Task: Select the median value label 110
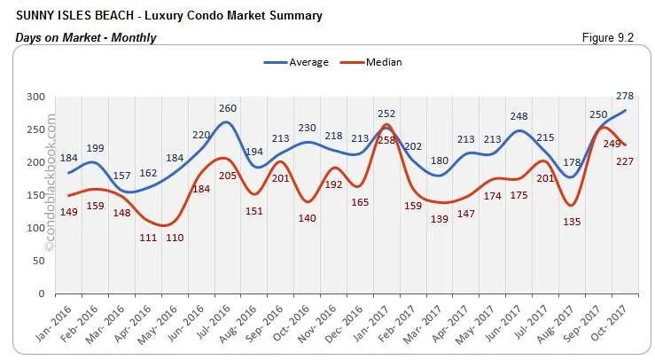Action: (175, 239)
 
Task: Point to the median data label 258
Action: (388, 140)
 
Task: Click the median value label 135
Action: (573, 222)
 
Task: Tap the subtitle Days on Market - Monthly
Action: (86, 37)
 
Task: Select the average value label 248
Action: (519, 117)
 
